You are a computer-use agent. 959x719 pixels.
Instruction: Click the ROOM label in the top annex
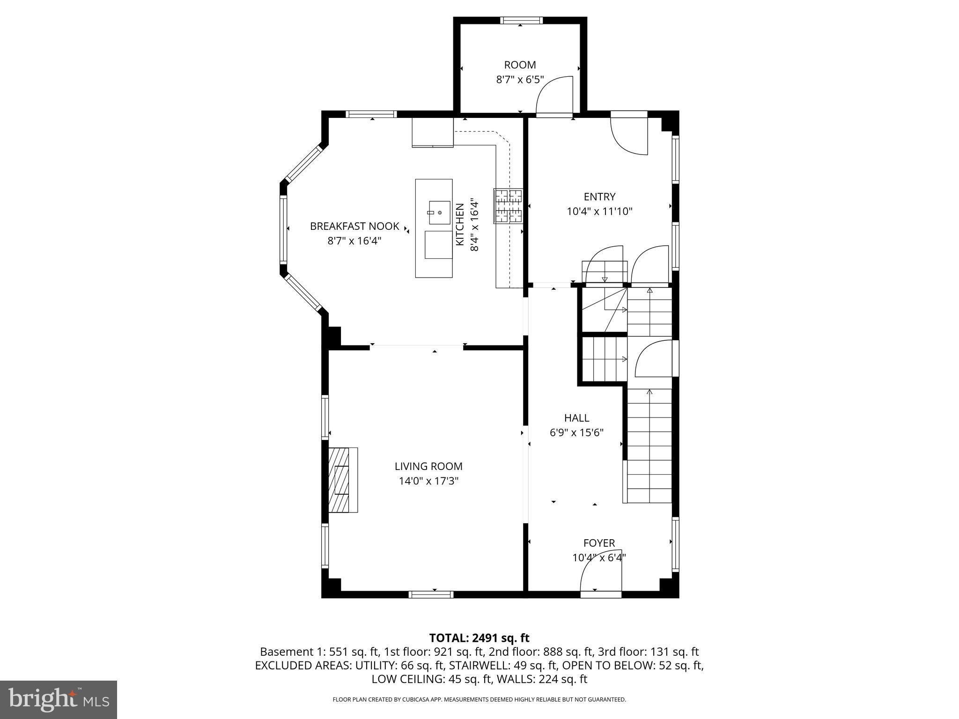coord(520,65)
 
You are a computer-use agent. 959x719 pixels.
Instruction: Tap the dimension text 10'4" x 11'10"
coord(599,212)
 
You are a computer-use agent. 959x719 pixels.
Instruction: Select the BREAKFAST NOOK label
coord(354,227)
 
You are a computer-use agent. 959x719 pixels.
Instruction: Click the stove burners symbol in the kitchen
coord(508,205)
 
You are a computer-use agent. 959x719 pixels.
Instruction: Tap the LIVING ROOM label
coord(428,466)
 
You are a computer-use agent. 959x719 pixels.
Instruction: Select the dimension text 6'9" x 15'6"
coord(576,433)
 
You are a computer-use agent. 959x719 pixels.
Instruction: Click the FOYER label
coord(599,543)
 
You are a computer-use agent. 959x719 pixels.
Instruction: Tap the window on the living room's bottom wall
coord(431,594)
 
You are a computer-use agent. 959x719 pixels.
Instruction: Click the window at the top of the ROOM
coord(521,20)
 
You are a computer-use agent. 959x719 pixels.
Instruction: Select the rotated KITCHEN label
coord(460,224)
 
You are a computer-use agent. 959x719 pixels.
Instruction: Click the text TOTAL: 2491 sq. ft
coord(479,638)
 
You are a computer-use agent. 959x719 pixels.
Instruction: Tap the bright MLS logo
coord(58,700)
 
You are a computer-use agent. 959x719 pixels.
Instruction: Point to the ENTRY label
coord(599,197)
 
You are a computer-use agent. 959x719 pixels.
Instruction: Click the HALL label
coord(576,418)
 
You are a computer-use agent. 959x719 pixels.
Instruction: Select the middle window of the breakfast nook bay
coord(283,228)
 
